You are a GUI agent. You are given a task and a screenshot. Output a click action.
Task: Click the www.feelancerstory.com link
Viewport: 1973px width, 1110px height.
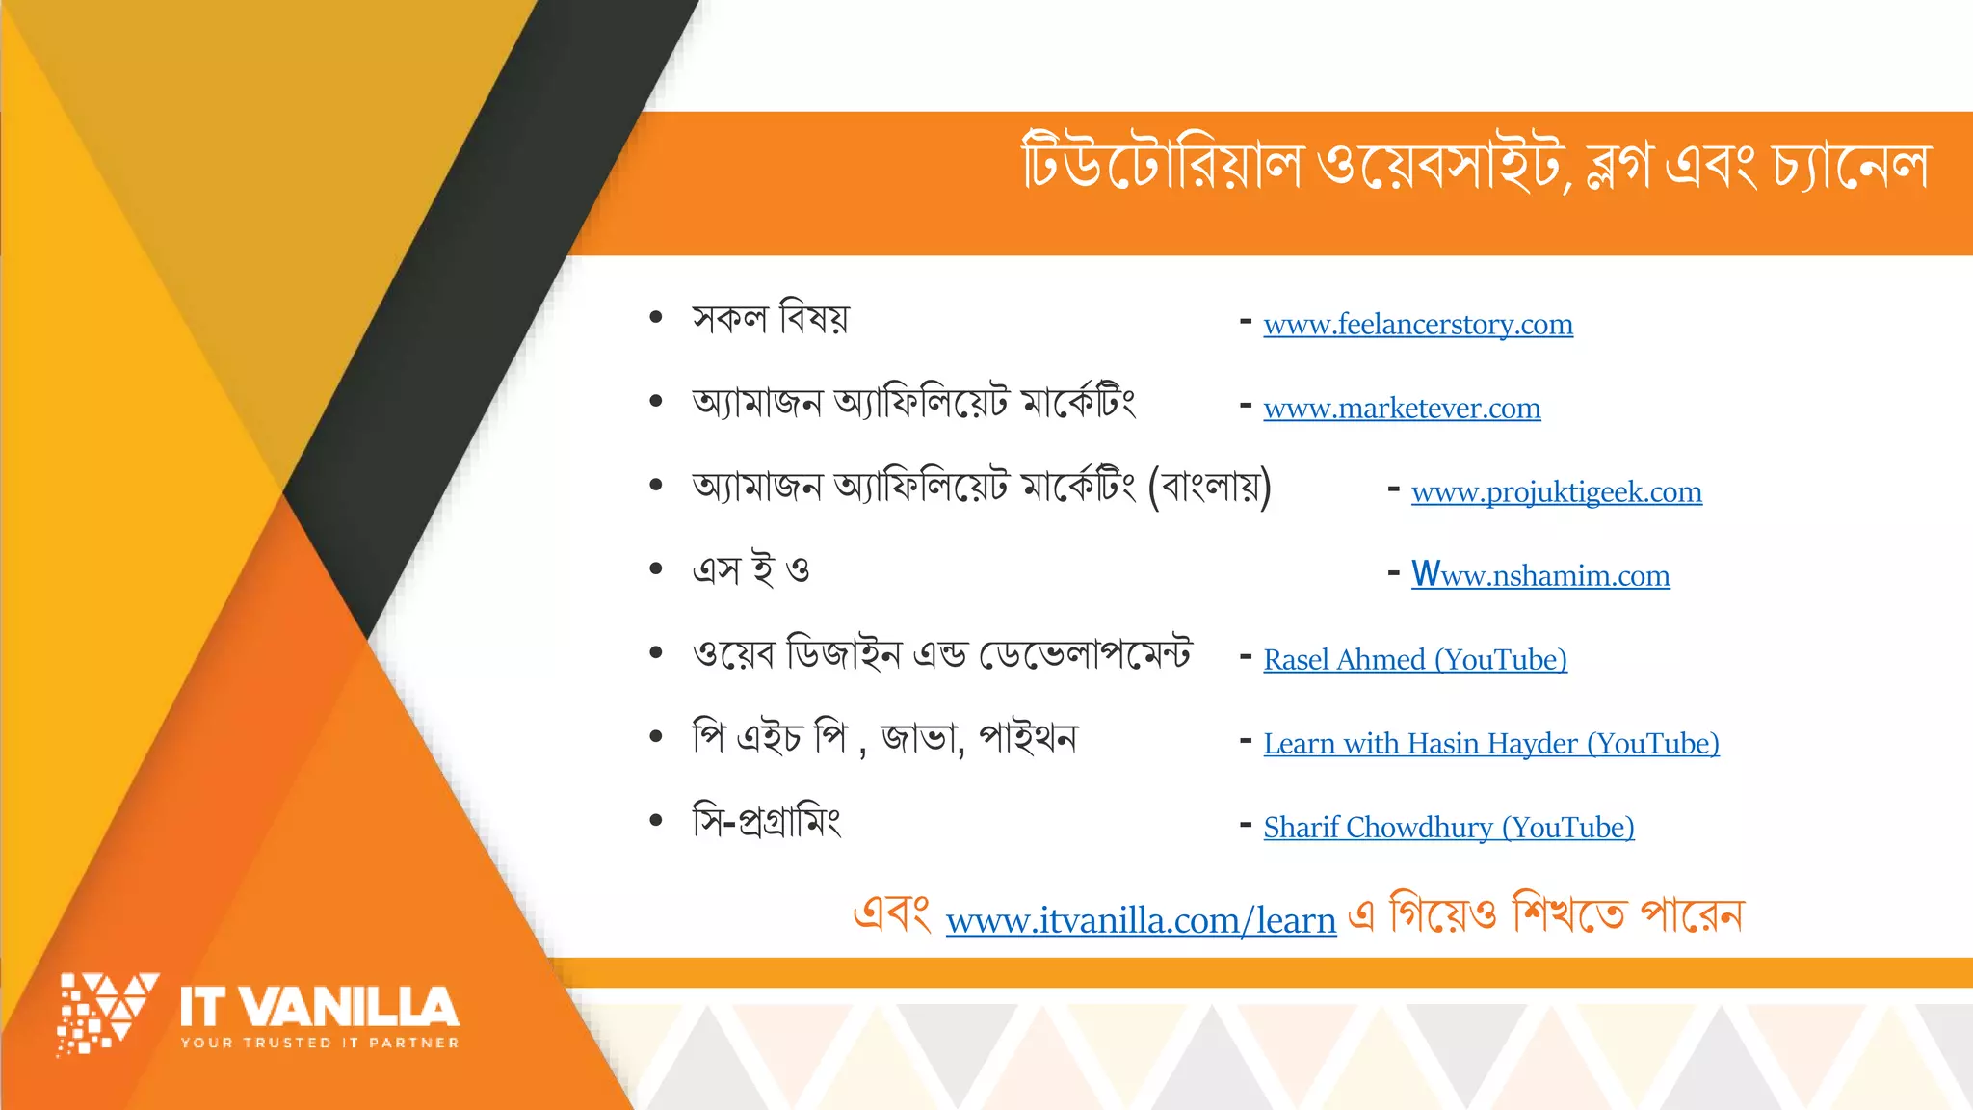1418,325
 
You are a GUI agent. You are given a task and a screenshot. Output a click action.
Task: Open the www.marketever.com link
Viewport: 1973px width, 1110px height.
1402,409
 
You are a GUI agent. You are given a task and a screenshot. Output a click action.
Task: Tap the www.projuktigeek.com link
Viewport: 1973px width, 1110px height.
1556,492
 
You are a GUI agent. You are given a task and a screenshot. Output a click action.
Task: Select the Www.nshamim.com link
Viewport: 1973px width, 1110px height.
1540,575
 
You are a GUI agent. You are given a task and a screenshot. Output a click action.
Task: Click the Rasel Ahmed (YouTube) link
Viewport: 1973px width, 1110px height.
1415,660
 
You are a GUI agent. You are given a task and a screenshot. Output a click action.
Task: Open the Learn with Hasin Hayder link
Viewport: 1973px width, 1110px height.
1491,744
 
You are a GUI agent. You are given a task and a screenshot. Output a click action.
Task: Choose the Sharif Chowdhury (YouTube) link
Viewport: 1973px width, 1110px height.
1449,828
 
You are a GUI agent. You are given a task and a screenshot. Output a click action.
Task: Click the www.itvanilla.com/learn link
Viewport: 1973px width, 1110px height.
1141,921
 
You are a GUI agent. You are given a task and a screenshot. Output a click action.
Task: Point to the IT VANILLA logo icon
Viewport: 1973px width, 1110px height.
106,1013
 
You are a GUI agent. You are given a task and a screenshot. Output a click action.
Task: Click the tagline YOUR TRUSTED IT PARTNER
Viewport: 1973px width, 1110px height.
320,1043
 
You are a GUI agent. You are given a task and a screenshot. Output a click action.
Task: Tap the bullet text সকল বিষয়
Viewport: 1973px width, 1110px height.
771,317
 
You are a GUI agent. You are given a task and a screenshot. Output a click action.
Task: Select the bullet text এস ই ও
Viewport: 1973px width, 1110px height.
751,569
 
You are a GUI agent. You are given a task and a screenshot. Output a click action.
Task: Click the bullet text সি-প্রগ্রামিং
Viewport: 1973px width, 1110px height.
767,822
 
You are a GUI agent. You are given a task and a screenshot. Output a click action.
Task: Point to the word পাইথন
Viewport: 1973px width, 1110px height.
1028,738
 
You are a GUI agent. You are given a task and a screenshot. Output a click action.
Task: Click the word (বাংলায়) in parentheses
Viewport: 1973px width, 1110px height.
1210,487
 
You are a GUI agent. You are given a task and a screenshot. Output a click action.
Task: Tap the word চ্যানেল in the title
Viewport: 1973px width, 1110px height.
1852,166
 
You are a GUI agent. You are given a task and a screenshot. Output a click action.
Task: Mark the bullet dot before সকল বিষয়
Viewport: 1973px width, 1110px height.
656,317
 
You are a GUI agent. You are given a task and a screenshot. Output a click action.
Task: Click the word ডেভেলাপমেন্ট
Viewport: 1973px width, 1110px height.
1086,654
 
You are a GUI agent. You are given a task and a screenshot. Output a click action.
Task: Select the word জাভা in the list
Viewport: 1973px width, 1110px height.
921,738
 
